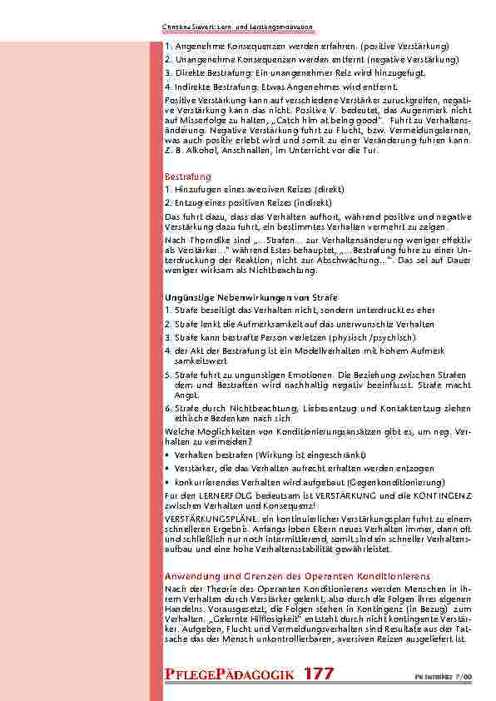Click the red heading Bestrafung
(187, 177)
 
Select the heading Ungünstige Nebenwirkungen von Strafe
(251, 297)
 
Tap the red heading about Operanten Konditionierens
(297, 576)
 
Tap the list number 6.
(167, 409)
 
